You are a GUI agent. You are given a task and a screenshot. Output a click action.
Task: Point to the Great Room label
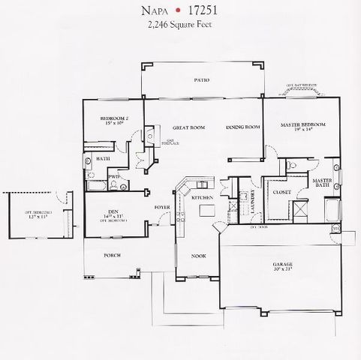click(x=188, y=127)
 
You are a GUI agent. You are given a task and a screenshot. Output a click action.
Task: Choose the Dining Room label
click(x=243, y=127)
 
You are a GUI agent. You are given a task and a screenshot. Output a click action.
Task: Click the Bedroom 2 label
click(x=116, y=119)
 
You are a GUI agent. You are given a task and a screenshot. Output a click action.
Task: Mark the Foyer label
click(x=161, y=207)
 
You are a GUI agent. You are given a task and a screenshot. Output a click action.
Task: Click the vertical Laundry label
click(x=254, y=200)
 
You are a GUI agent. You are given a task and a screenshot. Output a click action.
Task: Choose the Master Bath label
click(x=323, y=184)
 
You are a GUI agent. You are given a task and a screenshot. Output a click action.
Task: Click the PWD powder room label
click(x=113, y=177)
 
